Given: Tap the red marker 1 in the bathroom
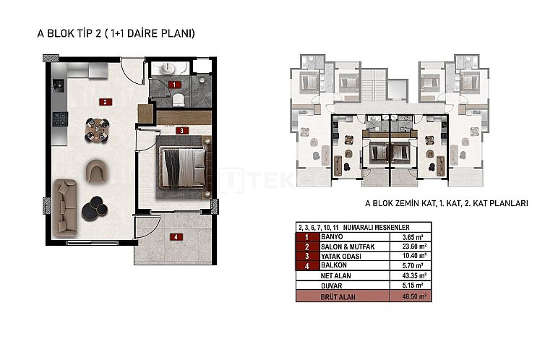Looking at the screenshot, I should coord(173,85).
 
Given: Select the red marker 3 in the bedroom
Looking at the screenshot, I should coord(183,131).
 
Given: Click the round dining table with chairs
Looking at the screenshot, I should coord(98,129).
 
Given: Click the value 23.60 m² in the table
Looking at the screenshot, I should coord(415,246).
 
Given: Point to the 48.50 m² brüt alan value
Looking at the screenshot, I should coord(415,296).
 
